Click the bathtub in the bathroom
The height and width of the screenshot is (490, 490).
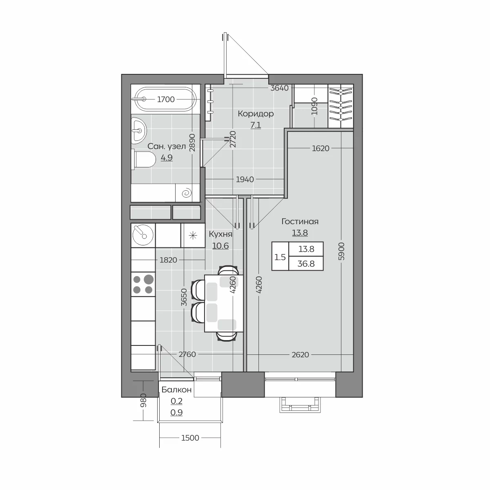(165, 99)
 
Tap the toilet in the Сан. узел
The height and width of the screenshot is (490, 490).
(143, 159)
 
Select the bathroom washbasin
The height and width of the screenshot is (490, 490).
(139, 131)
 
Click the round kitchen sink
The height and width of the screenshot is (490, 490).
(143, 235)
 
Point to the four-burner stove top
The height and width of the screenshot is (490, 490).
(143, 285)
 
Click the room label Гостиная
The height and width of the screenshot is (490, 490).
(300, 221)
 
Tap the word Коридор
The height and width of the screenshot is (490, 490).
(256, 114)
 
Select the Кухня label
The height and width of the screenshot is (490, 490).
(220, 234)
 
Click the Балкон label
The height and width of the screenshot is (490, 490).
(176, 390)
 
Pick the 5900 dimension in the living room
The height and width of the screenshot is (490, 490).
(341, 251)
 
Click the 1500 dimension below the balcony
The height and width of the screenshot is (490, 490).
(190, 438)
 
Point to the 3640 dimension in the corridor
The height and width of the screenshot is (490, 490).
(279, 88)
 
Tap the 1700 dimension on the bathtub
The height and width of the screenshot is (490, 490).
(166, 99)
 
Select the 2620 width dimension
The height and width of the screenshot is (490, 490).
(300, 354)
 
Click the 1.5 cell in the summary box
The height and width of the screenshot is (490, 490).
(280, 257)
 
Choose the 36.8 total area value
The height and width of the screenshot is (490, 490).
(306, 264)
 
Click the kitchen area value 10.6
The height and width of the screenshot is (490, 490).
(220, 246)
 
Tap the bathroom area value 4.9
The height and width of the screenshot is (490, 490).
(167, 158)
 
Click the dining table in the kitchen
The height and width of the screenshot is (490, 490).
(224, 303)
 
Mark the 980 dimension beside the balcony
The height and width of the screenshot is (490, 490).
(143, 400)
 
